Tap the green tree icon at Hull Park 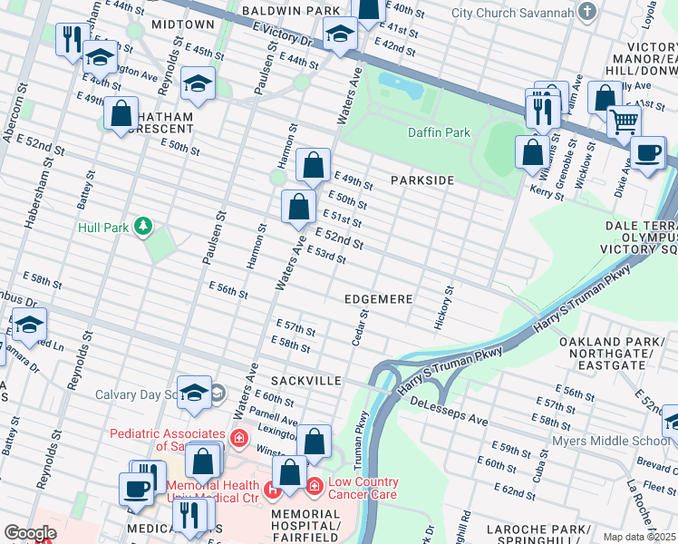pyautogui.click(x=142, y=226)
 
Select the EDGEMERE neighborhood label pyautogui.click(x=379, y=298)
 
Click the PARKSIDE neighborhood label pyautogui.click(x=421, y=180)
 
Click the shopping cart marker pyautogui.click(x=623, y=121)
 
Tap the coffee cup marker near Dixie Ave pyautogui.click(x=648, y=152)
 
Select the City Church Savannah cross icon pyautogui.click(x=588, y=13)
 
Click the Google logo pyautogui.click(x=30, y=533)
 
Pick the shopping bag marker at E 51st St pyautogui.click(x=298, y=207)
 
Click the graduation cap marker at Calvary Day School pyautogui.click(x=194, y=392)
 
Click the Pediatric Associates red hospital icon pyautogui.click(x=238, y=439)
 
